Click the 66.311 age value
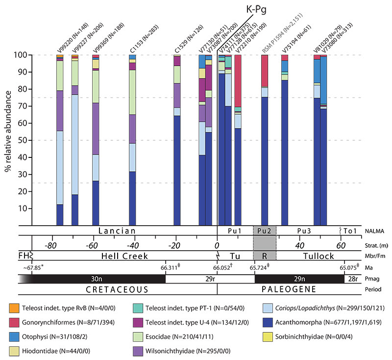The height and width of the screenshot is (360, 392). tap(165, 267)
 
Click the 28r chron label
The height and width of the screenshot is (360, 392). tap(353, 278)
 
